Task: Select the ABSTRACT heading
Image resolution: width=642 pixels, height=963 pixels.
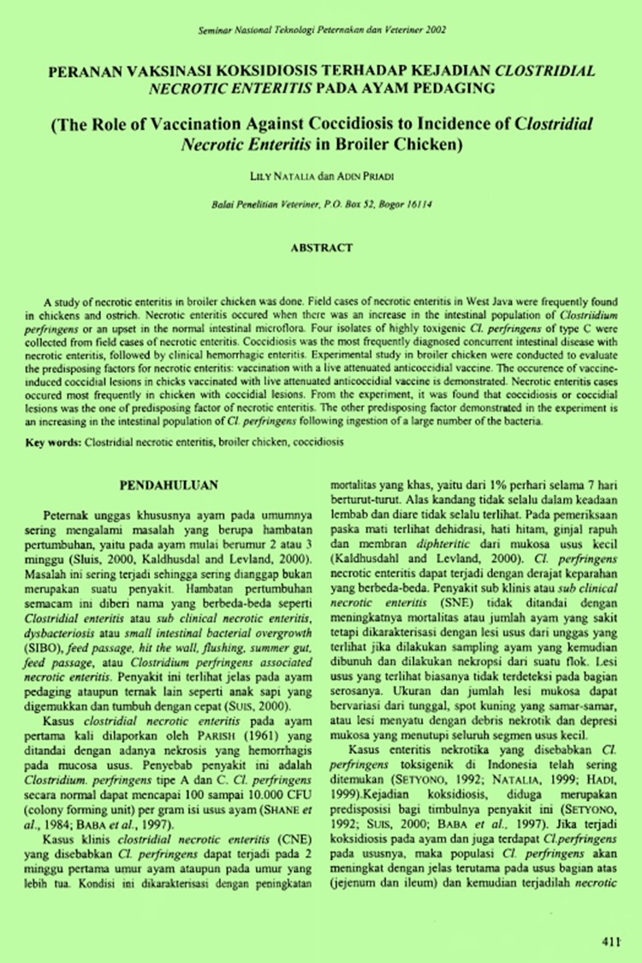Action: [x=321, y=248]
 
